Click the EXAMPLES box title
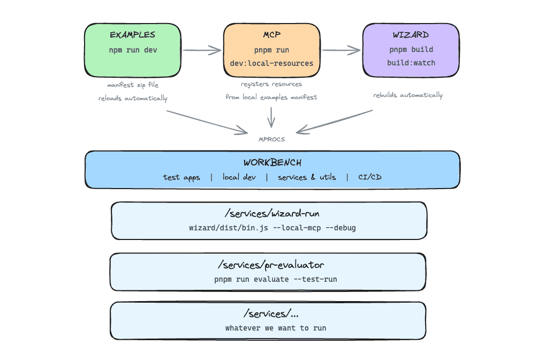(132, 35)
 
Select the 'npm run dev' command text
(132, 50)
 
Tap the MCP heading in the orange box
(271, 35)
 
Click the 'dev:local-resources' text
(271, 63)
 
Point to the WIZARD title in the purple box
(411, 35)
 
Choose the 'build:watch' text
(411, 63)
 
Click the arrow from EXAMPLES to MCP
(202, 51)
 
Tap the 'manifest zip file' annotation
(133, 85)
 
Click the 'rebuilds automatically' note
(408, 95)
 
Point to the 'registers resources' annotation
(271, 84)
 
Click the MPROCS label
(271, 139)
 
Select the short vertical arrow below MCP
(271, 116)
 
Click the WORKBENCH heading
(271, 162)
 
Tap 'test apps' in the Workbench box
(181, 177)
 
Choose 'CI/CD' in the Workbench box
(370, 177)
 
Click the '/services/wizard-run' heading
(269, 213)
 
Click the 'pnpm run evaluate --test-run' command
(275, 279)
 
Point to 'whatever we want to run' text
(275, 328)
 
